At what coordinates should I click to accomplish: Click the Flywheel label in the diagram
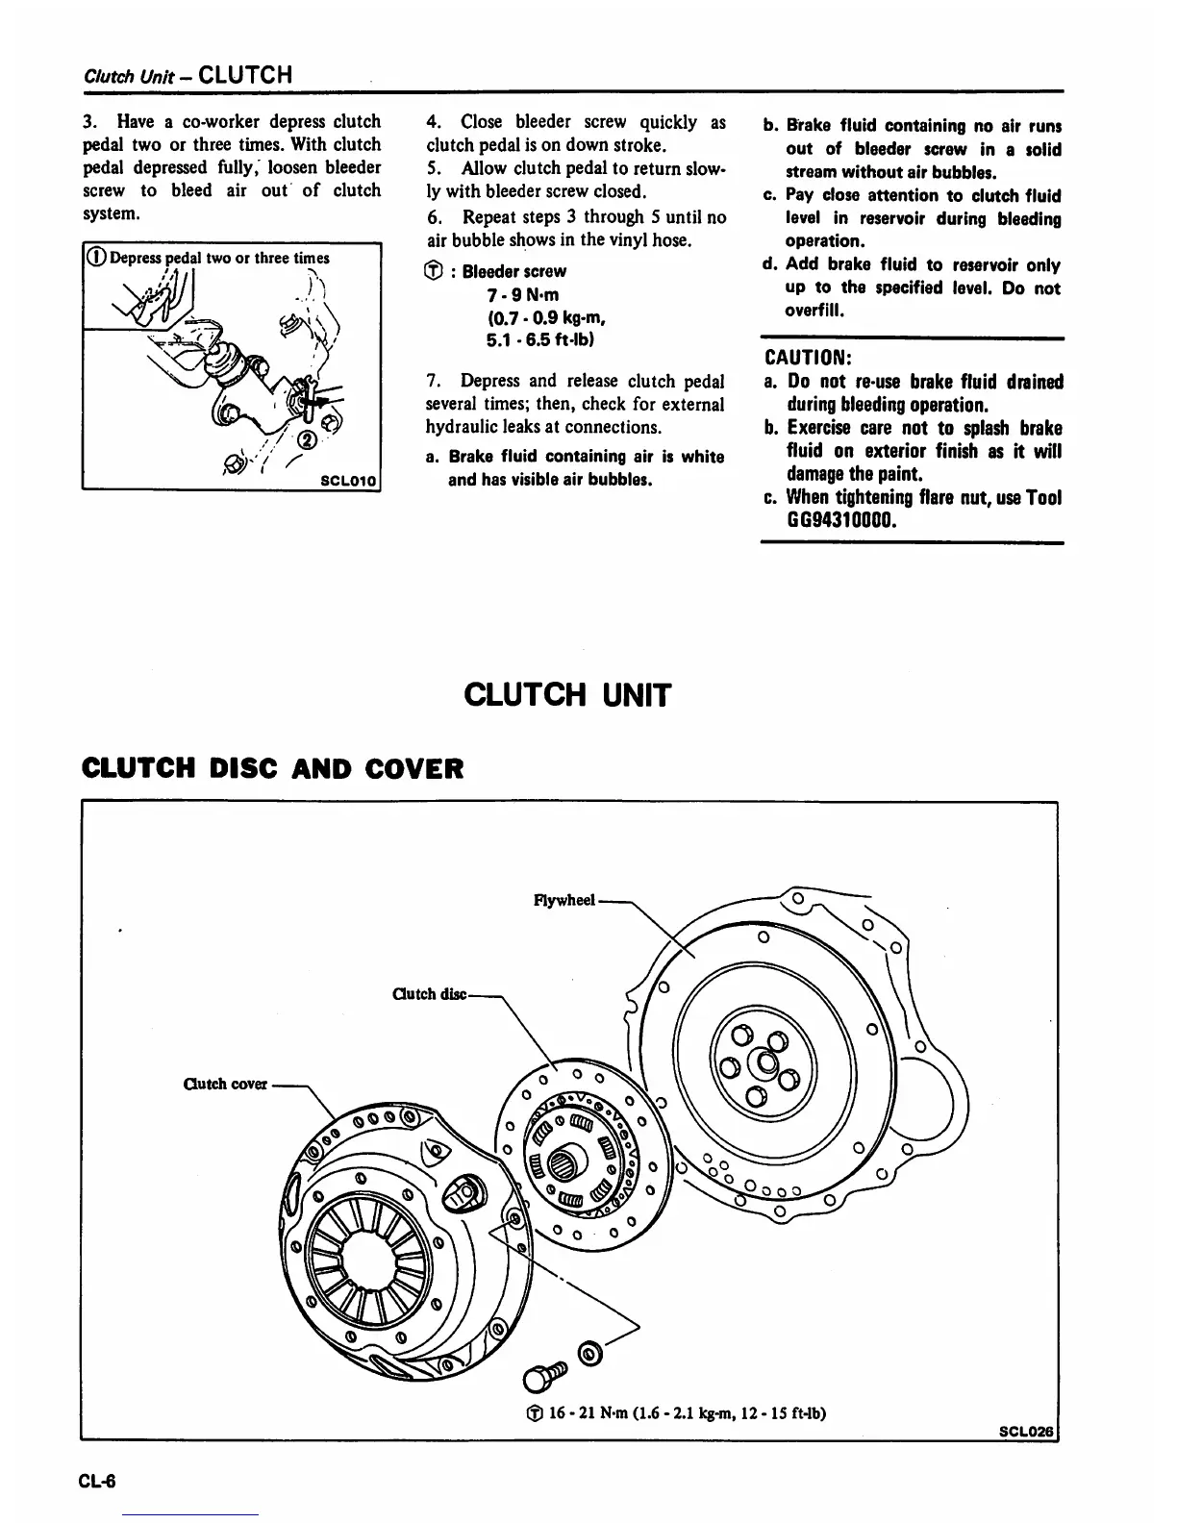tap(564, 901)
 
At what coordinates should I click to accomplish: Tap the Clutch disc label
tap(429, 993)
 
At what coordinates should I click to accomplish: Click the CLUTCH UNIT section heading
tap(566, 693)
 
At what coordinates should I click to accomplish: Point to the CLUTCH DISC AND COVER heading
tap(273, 768)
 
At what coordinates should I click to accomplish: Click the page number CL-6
tap(97, 1481)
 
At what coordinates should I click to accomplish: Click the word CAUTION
tap(806, 358)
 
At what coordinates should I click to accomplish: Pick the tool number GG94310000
tap(842, 521)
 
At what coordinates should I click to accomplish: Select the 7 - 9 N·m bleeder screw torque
tap(523, 294)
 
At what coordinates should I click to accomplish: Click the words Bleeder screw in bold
tap(514, 271)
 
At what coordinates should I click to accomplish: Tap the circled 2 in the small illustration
tap(308, 441)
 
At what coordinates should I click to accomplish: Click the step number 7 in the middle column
tap(432, 381)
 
